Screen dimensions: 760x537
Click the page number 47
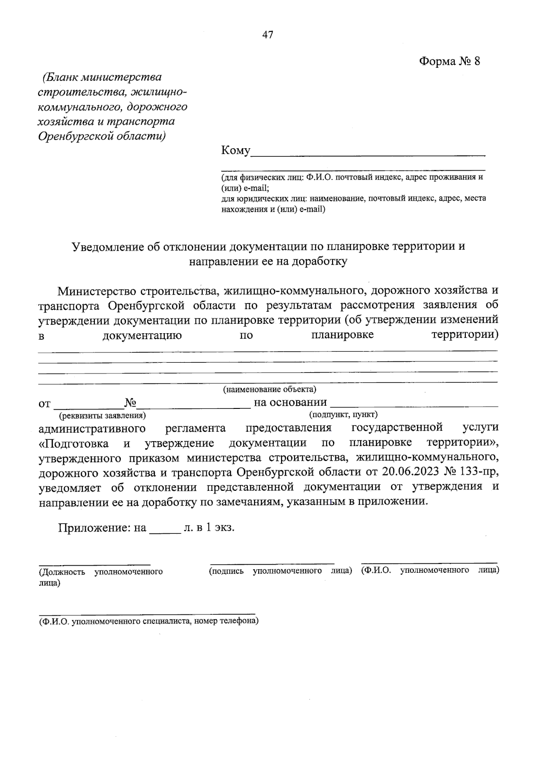tap(268, 35)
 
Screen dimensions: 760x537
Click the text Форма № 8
tap(449, 61)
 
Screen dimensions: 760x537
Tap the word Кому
tap(235, 150)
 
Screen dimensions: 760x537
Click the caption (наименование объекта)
tap(269, 389)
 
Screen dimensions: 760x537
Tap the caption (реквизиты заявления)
tap(102, 415)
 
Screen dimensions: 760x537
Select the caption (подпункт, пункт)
tap(343, 414)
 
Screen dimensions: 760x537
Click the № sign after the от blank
tap(130, 402)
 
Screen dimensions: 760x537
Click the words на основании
tap(290, 402)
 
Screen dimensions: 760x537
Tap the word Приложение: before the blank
tap(94, 528)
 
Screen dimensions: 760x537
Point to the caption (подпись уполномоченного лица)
tap(280, 571)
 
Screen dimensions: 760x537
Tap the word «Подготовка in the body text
tap(73, 443)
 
